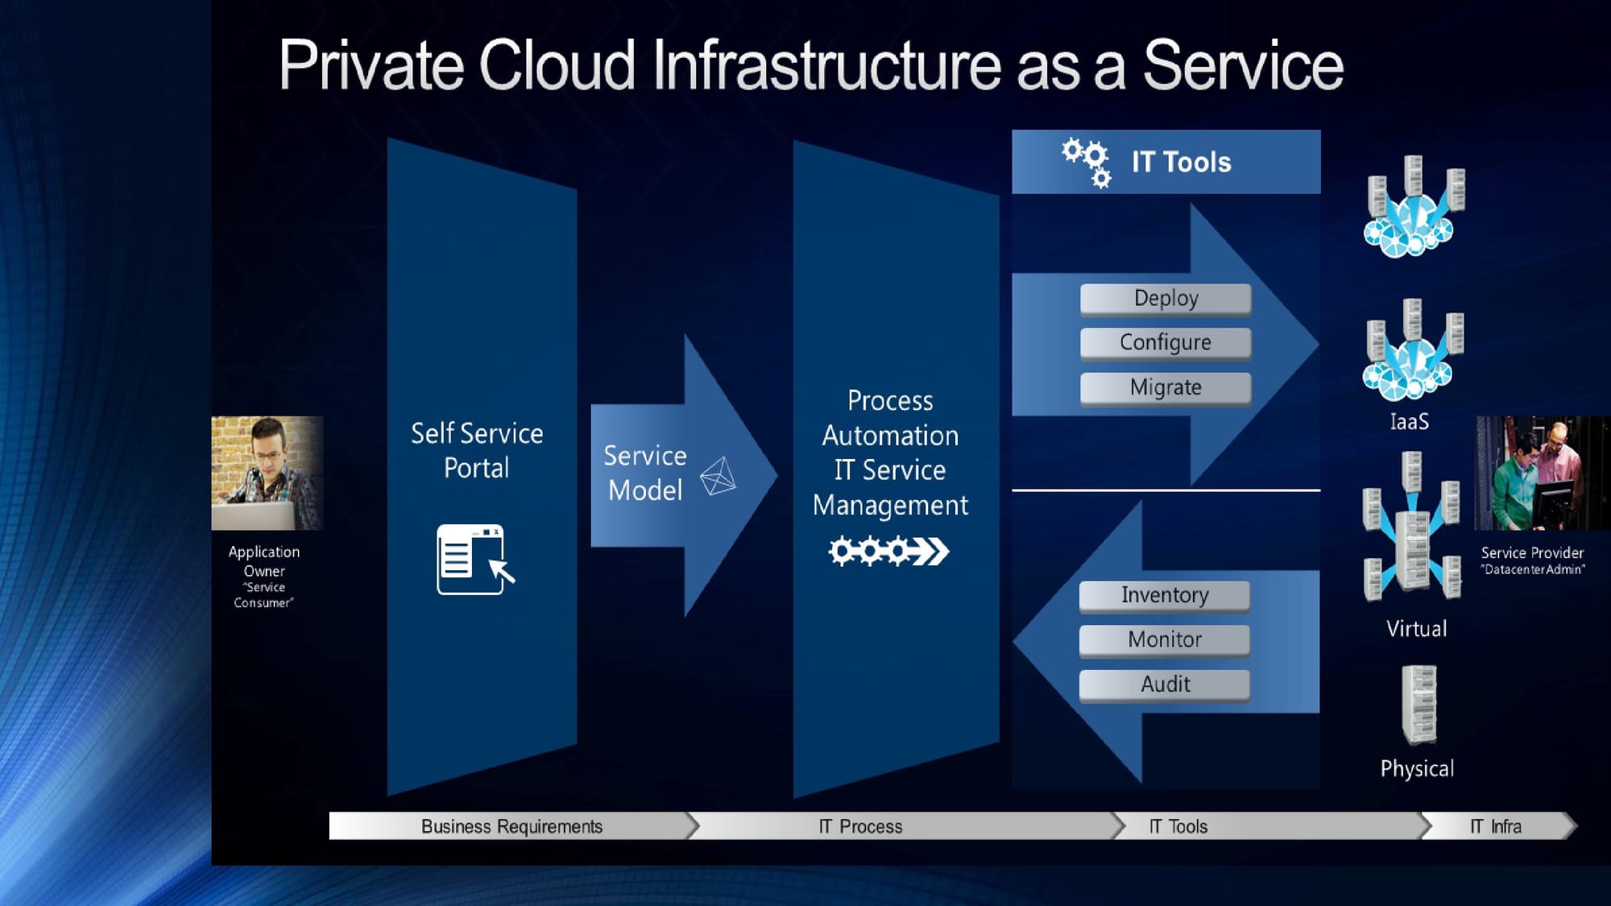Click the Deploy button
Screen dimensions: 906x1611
point(1166,299)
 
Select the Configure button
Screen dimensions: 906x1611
point(1166,343)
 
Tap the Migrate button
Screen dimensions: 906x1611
point(1166,388)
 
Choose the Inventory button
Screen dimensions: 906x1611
point(1165,596)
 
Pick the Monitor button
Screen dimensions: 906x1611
point(1165,640)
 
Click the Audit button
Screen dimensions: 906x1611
point(1165,685)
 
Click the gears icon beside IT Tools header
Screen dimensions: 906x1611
point(1087,162)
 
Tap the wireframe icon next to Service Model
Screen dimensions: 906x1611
point(718,476)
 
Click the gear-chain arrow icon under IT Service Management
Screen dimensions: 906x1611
point(889,552)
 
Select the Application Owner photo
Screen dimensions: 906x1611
point(267,473)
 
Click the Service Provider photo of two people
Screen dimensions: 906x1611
point(1542,473)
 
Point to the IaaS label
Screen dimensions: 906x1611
point(1409,422)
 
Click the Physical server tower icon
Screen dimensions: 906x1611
point(1418,705)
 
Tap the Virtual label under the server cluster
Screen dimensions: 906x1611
point(1416,629)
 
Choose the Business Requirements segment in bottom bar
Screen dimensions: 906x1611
point(511,826)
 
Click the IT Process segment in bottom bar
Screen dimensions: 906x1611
point(860,826)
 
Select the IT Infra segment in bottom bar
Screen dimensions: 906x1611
point(1496,826)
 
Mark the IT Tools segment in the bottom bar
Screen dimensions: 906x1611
point(1178,826)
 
